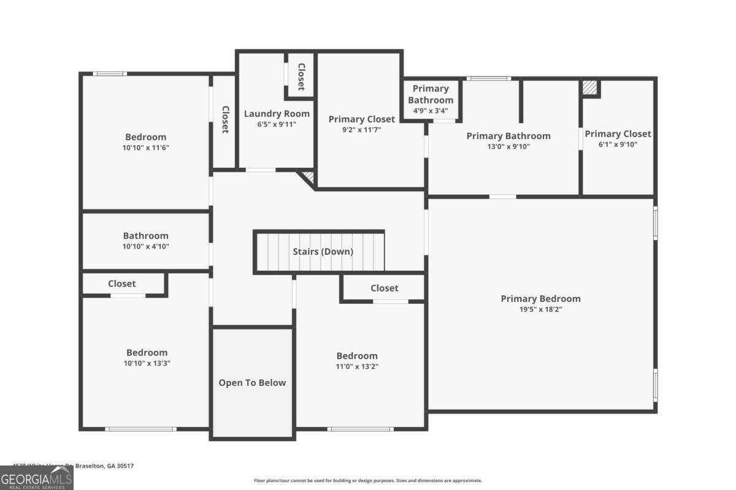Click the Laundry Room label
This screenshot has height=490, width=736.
point(277,113)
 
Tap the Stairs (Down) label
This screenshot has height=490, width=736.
point(323,251)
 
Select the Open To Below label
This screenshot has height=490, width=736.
point(252,383)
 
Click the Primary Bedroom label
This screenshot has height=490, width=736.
point(540,299)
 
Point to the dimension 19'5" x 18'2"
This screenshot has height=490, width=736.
point(540,309)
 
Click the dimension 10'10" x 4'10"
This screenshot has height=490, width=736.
point(145,246)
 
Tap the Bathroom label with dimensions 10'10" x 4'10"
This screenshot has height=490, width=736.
point(145,236)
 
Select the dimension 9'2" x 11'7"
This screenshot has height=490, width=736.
point(361,129)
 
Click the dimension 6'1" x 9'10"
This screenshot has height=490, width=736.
point(618,145)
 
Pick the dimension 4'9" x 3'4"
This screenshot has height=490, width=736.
point(431,111)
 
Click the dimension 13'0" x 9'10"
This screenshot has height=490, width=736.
point(508,146)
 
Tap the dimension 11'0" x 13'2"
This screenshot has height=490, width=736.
point(357,366)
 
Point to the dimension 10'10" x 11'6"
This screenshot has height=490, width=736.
point(145,148)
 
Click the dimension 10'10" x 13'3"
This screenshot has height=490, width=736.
point(147,363)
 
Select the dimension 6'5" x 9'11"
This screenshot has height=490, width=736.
point(277,124)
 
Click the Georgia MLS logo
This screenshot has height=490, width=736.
point(36,478)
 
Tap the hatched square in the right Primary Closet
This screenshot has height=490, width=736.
point(590,88)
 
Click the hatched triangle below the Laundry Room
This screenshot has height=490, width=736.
point(309,177)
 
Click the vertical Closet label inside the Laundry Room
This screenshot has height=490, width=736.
point(301,77)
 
